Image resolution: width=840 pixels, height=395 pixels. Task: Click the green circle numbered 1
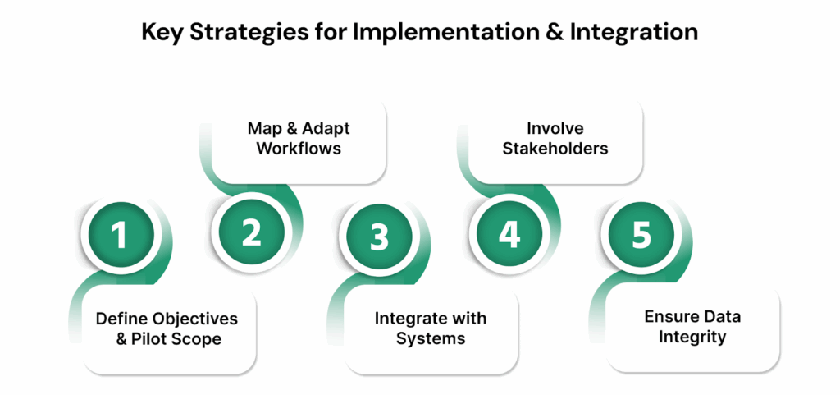[119, 236]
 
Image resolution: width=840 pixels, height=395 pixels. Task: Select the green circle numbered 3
[378, 236]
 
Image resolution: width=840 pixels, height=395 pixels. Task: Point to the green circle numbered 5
[641, 236]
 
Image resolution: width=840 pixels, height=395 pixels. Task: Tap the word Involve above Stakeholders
[550, 129]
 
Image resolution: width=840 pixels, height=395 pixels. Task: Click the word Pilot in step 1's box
[153, 338]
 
